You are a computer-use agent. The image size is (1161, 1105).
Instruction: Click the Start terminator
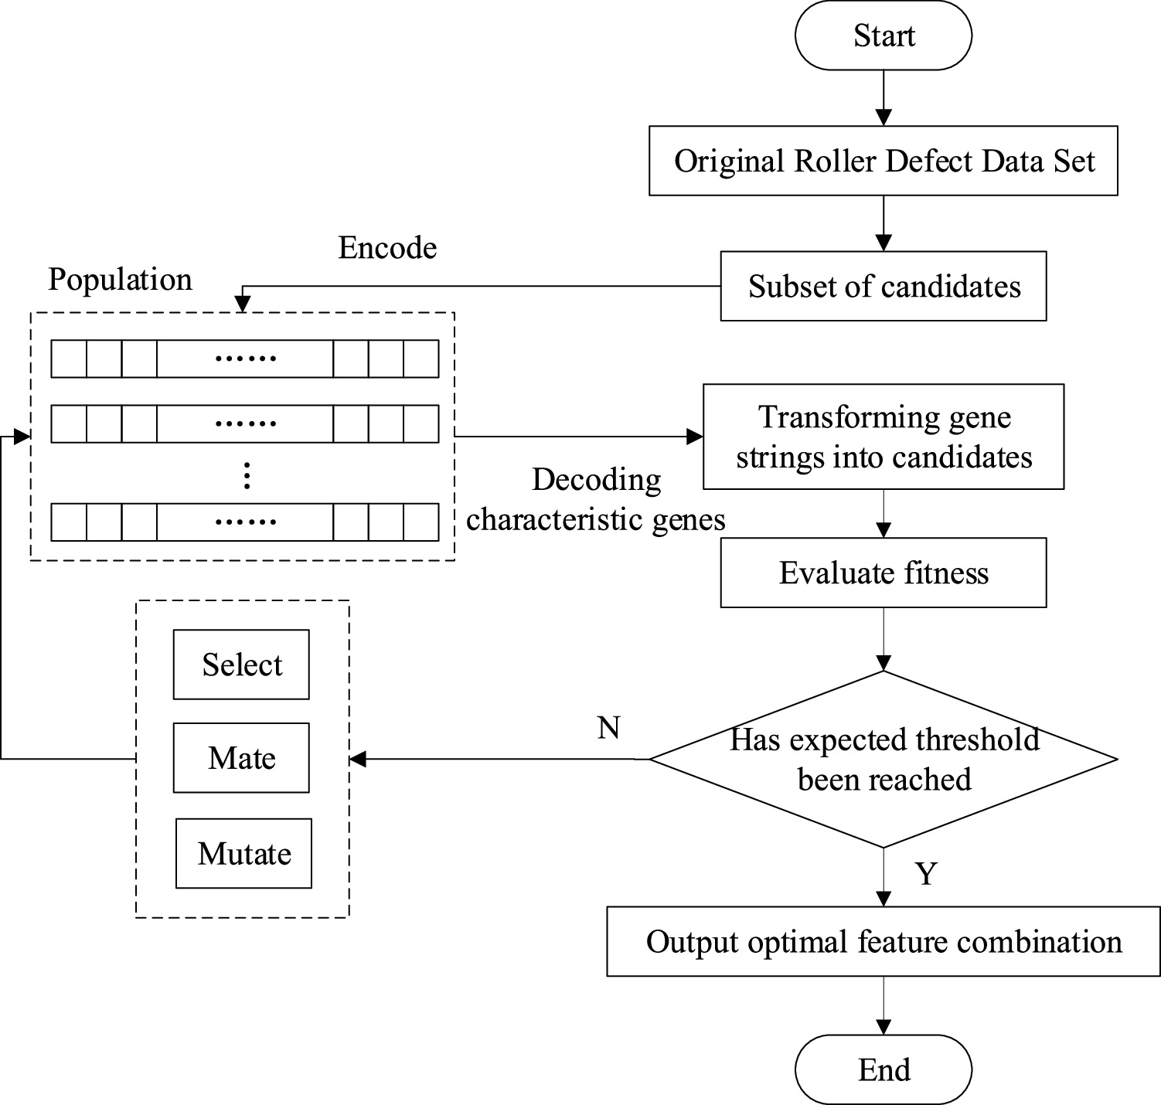pos(883,36)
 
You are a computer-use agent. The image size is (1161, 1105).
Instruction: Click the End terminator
pos(883,1070)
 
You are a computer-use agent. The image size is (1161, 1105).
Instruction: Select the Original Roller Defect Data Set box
pos(883,161)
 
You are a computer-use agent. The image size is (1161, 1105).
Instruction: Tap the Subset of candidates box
pos(883,286)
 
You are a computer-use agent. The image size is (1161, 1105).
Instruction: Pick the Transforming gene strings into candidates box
pos(883,437)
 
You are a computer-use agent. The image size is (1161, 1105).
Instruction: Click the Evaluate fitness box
pos(883,573)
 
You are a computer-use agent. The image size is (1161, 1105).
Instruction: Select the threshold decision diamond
pos(883,760)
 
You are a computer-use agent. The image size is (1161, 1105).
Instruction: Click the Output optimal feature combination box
pos(883,941)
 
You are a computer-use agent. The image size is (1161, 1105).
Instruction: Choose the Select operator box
pos(241,665)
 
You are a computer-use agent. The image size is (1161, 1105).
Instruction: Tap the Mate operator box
pos(241,757)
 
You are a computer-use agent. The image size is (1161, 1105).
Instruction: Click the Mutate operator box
pos(243,853)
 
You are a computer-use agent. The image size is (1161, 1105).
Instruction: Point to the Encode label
pos(387,247)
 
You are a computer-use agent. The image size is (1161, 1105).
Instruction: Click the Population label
pos(120,279)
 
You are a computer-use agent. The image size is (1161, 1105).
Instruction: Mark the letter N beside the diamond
pos(608,727)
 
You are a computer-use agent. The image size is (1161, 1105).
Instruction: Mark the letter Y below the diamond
pos(925,873)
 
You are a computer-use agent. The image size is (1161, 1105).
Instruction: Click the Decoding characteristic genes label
pos(596,499)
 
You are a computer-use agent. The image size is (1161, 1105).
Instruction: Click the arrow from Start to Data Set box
pos(883,98)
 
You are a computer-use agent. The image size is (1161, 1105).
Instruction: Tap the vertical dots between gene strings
pos(247,475)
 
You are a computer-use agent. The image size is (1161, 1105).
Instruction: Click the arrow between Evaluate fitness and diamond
pos(883,639)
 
